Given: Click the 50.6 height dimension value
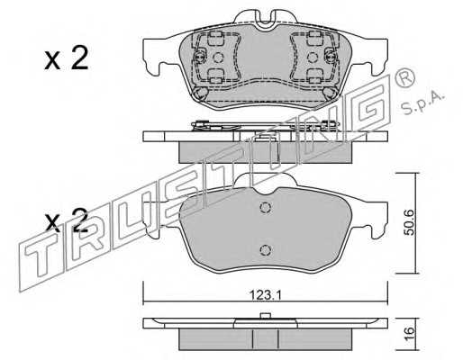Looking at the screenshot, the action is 410,222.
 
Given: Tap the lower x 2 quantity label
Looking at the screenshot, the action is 67,221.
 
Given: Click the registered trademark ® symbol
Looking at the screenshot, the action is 405,77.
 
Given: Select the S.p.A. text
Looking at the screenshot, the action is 422,103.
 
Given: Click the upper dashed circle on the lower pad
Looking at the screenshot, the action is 265,207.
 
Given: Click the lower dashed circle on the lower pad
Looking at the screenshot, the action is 265,249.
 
